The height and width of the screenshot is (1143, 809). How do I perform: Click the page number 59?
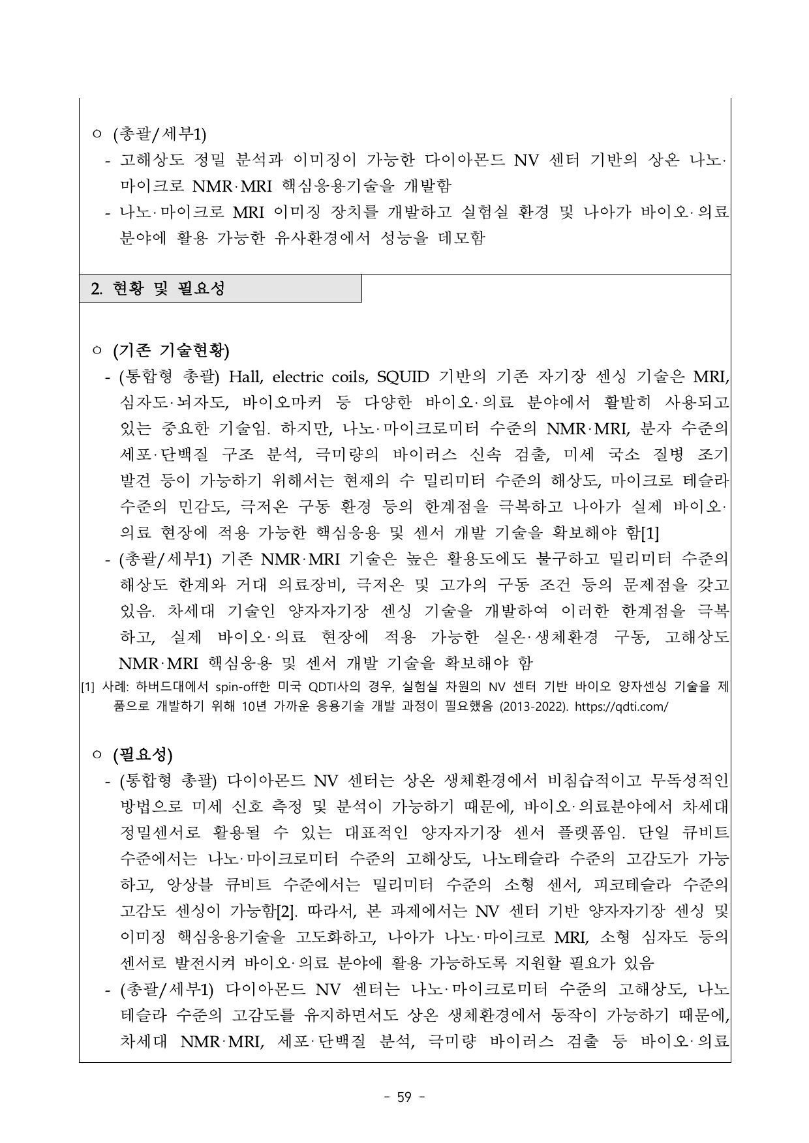(x=404, y=1097)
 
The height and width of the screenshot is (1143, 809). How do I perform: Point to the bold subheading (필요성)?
(x=143, y=755)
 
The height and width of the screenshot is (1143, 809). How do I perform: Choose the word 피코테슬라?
(x=632, y=885)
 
